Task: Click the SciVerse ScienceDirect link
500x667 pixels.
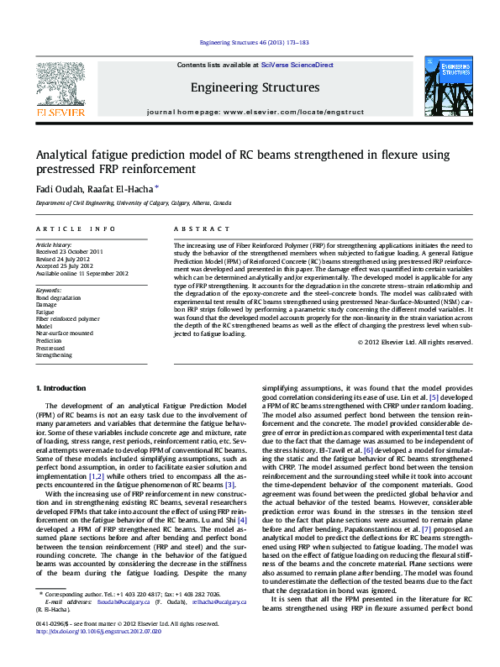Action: point(297,65)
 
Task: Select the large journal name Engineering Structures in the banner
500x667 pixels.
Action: point(255,87)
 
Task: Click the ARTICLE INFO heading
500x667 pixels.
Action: point(76,228)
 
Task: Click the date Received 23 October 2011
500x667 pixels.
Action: point(69,251)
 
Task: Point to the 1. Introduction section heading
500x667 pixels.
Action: point(64,387)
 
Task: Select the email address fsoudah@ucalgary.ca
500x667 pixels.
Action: point(122,625)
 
